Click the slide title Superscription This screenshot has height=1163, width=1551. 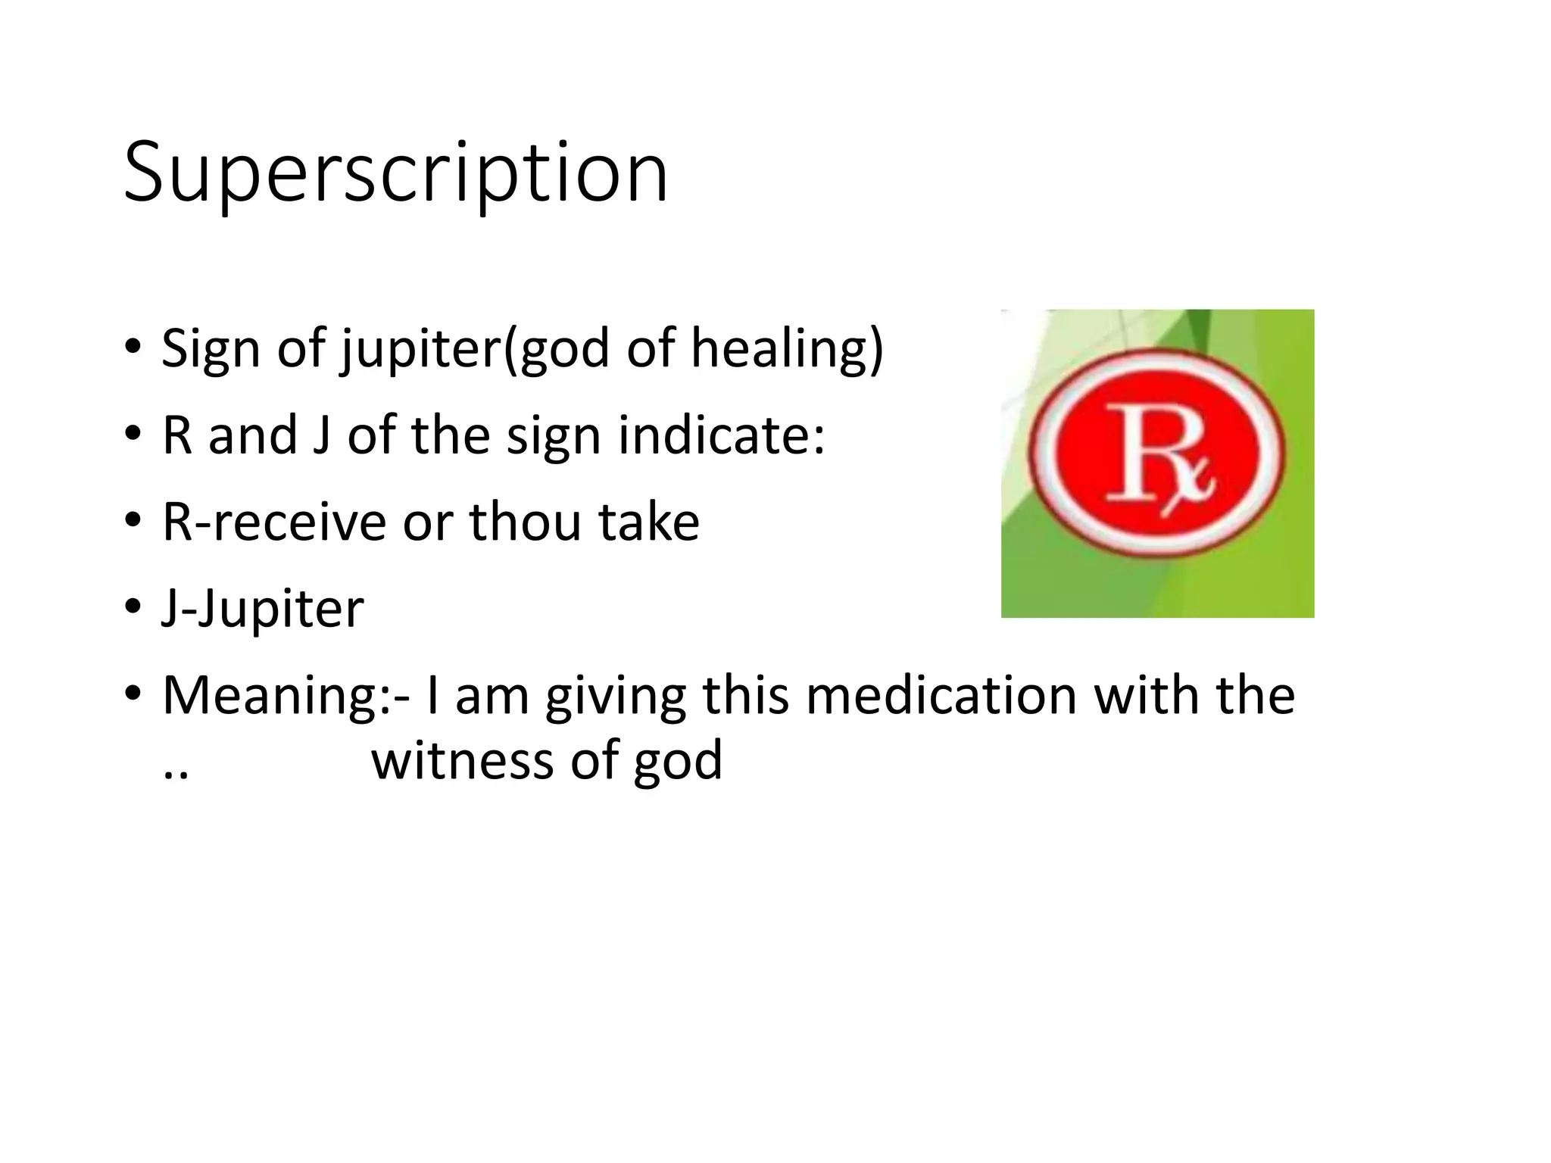(x=395, y=173)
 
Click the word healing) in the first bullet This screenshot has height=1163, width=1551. (x=788, y=349)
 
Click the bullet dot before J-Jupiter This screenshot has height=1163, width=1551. (x=133, y=606)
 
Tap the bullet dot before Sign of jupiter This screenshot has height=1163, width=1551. (x=133, y=347)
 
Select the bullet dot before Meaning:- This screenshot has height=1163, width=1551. (x=133, y=693)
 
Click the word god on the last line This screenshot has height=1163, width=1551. (x=678, y=761)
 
